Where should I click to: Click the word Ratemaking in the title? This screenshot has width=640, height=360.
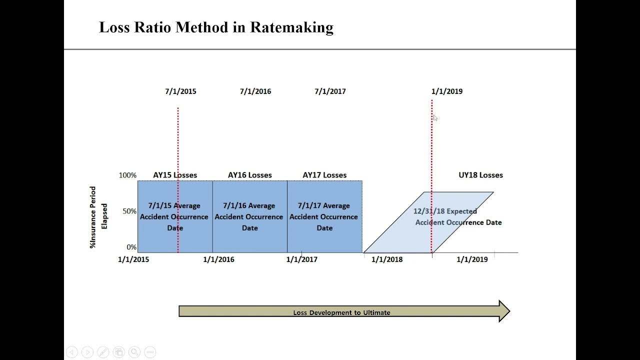point(291,27)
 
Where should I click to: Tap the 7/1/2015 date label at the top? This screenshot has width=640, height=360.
point(180,91)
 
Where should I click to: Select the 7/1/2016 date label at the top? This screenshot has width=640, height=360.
point(255,91)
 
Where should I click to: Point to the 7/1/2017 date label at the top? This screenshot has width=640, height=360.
point(330,91)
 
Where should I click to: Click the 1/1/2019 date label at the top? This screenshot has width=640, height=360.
point(446,91)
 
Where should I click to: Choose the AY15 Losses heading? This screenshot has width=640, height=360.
point(175,175)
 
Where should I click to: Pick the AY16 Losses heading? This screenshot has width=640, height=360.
point(249,175)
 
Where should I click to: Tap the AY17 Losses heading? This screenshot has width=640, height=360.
point(324,175)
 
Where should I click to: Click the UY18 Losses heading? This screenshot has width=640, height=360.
point(480,175)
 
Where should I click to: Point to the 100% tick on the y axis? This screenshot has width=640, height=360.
point(127,175)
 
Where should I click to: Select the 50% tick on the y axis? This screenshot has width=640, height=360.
point(129,211)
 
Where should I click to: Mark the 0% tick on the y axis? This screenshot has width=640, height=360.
point(131,247)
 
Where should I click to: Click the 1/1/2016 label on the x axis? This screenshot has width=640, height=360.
point(218,259)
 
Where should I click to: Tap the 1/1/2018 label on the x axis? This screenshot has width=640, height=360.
point(386,259)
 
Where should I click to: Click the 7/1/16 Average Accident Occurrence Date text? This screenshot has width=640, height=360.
point(249,216)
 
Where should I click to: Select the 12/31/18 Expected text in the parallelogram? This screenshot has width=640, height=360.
point(445,211)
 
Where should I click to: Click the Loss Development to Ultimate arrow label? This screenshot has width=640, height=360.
point(341,312)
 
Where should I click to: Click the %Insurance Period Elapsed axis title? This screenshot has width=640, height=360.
point(98,217)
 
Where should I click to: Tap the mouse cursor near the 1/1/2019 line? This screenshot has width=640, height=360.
point(435,118)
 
